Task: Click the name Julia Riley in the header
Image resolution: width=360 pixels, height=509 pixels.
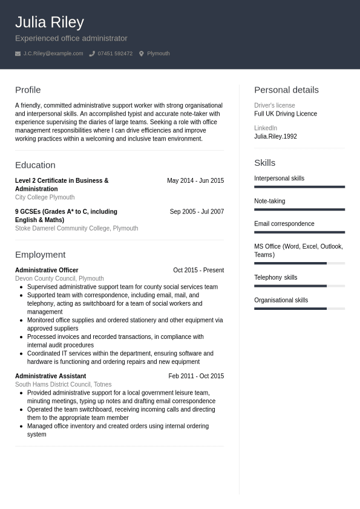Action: coord(49,22)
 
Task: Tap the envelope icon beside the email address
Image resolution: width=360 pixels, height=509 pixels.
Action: coord(18,54)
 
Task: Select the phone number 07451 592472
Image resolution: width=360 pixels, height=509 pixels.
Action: coord(115,54)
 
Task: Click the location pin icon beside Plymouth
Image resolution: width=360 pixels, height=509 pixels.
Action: coord(142,54)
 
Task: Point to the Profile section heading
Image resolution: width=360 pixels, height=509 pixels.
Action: coord(28,90)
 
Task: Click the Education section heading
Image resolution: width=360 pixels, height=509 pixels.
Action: coord(35,165)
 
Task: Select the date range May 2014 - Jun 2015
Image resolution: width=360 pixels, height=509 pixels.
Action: coord(195,181)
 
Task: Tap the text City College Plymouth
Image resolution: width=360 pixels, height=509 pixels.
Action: coord(45,197)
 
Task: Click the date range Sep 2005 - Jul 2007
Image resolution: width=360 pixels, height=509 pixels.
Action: coord(197,212)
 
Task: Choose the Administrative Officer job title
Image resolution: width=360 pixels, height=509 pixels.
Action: coord(47,271)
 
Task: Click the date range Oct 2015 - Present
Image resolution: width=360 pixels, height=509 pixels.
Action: coord(198,271)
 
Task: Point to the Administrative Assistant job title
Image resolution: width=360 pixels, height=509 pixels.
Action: coord(50,376)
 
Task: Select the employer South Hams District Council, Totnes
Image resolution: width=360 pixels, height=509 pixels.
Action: coord(63,384)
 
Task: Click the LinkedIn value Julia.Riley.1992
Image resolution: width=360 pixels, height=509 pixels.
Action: coord(275,137)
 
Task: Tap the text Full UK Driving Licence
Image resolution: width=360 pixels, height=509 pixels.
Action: coord(286,114)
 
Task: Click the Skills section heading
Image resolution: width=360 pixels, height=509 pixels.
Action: coord(264,163)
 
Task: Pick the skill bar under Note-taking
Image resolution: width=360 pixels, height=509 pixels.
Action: coord(299,209)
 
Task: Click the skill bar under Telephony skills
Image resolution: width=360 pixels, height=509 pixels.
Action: coord(299,286)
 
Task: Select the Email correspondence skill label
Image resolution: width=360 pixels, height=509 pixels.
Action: coord(284,224)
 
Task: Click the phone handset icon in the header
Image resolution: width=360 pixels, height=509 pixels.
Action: coord(92,54)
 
